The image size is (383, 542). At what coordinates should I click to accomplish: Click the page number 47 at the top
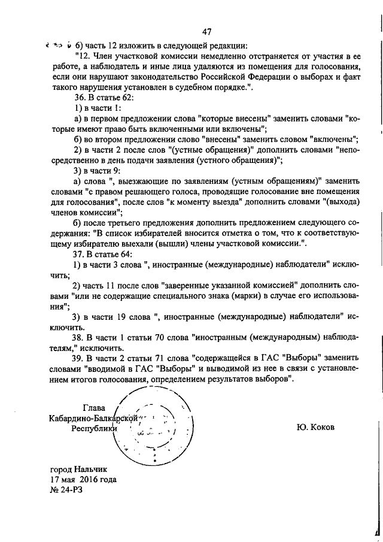point(207,32)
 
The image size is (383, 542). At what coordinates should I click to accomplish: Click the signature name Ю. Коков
point(315,428)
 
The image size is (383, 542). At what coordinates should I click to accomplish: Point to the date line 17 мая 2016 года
point(84,479)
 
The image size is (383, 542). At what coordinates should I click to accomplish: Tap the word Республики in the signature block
point(95,428)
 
